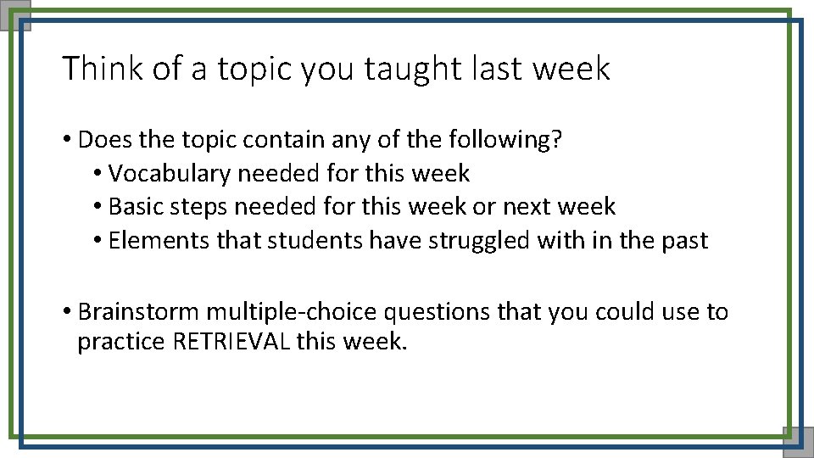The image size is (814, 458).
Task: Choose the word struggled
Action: click(480, 241)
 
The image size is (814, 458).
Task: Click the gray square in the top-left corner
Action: click(15, 14)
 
